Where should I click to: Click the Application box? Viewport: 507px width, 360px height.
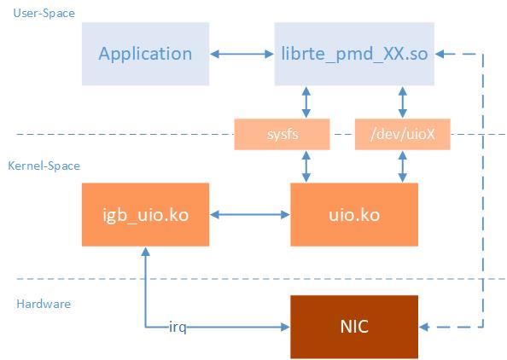pos(145,55)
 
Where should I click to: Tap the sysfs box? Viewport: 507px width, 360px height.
pos(282,134)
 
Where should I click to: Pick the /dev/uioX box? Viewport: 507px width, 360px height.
pos(401,134)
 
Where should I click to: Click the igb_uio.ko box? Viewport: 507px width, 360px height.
pos(145,214)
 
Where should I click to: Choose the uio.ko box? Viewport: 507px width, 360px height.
pos(354,214)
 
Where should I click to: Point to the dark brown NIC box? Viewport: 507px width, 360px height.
pos(354,326)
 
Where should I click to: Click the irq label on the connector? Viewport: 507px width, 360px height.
pos(178,327)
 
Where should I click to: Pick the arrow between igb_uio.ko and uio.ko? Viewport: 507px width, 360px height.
pos(250,214)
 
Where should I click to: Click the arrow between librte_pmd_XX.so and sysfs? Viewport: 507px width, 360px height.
pos(305,102)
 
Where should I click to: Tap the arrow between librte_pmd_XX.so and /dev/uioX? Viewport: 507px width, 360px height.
pos(401,102)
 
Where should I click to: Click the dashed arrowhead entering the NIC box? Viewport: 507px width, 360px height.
pos(425,327)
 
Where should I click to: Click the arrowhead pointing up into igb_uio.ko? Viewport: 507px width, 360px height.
pos(145,253)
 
